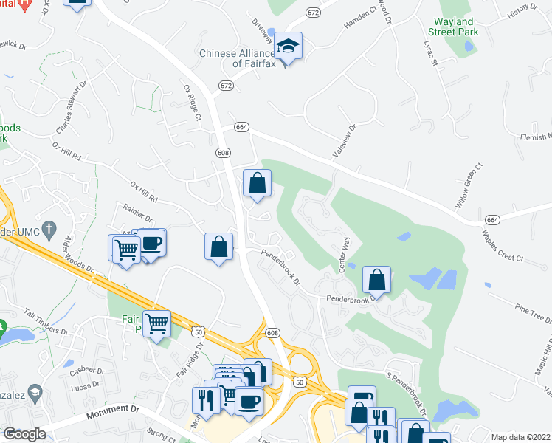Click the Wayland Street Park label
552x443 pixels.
click(453, 27)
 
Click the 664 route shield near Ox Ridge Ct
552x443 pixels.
click(241, 127)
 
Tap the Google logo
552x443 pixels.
click(24, 435)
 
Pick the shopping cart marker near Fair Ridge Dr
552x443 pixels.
click(156, 323)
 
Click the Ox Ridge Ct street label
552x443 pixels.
click(192, 103)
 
